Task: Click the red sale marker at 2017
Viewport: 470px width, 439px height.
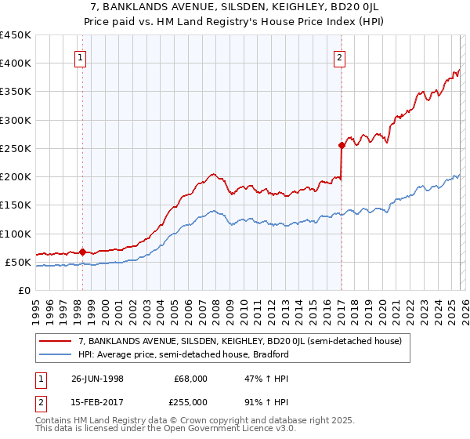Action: point(342,145)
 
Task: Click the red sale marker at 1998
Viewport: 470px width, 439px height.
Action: point(83,252)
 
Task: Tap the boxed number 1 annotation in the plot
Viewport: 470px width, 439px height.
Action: point(81,56)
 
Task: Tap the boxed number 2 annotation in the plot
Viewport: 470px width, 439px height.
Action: point(339,56)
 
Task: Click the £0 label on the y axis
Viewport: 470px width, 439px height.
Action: point(23,290)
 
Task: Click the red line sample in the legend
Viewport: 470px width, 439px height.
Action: point(56,341)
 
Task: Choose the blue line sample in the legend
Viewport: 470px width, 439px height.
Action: point(56,354)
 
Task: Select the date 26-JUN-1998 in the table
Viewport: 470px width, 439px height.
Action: point(97,378)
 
